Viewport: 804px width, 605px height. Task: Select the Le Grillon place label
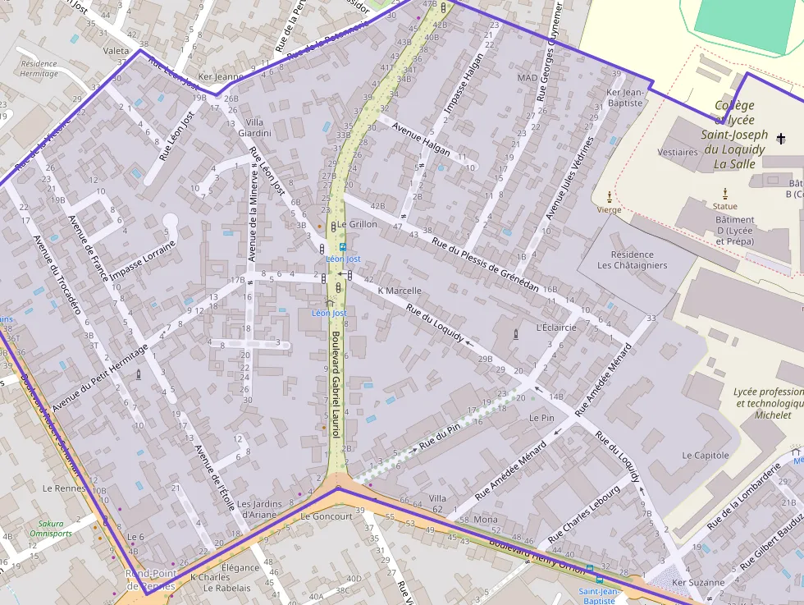tap(357, 224)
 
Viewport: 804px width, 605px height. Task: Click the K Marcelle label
tap(399, 291)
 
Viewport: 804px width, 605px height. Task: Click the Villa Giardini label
tap(254, 127)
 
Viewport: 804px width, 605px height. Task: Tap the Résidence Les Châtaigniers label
tap(632, 260)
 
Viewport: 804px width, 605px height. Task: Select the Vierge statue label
tap(609, 209)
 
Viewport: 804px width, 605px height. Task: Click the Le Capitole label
tap(705, 455)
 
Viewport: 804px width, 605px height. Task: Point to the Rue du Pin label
tap(439, 437)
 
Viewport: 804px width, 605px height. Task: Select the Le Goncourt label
tap(326, 516)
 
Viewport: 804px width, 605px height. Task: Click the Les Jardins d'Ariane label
tap(259, 509)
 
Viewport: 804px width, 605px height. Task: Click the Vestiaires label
tap(678, 152)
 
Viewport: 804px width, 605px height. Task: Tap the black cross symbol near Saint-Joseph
tap(781, 139)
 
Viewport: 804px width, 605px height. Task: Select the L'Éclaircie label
tap(555, 328)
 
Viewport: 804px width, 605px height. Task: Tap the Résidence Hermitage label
tap(39, 68)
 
